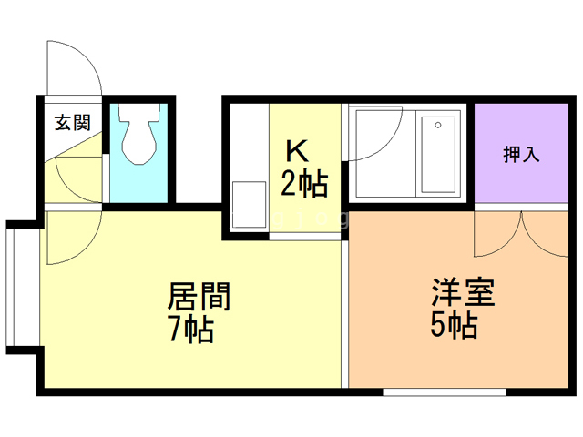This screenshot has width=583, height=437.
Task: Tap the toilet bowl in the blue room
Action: click(x=139, y=137)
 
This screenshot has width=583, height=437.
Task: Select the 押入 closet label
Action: click(x=521, y=154)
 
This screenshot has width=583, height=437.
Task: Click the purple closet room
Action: click(x=521, y=173)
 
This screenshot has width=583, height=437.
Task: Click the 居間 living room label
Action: click(x=199, y=297)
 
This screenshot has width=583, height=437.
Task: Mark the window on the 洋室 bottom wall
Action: click(x=445, y=392)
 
